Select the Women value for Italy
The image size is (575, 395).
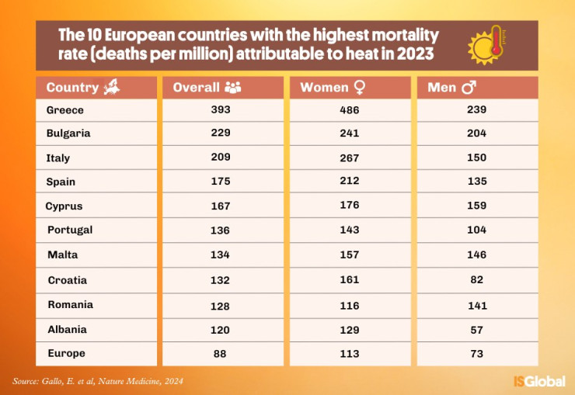tap(350, 158)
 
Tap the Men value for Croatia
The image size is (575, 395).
tap(477, 279)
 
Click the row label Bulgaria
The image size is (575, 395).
tap(68, 133)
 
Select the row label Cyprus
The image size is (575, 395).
tap(64, 206)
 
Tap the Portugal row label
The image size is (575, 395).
tap(70, 230)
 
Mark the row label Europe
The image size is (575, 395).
tap(67, 353)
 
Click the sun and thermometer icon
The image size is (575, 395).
tap(487, 46)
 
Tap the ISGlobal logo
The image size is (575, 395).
tap(538, 381)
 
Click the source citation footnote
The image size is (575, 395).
tap(98, 381)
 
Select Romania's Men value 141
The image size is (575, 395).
tap(477, 304)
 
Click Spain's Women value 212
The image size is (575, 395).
tap(350, 182)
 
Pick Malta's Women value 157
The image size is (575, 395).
tap(350, 255)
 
